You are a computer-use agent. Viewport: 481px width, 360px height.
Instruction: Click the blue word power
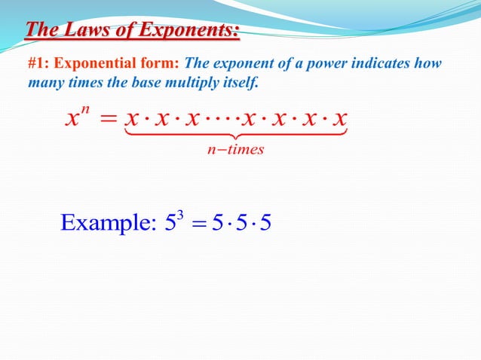coord(305,63)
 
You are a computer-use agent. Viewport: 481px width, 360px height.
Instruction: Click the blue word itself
coord(242,81)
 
